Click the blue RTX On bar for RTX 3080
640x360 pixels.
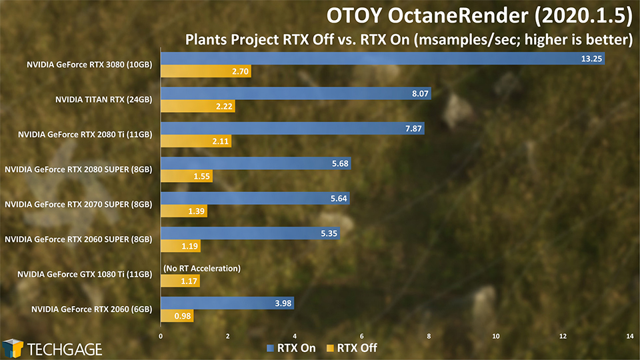coord(383,59)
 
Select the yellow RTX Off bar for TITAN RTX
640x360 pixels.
coord(198,106)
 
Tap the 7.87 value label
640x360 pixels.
coord(413,129)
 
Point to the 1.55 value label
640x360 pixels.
coord(201,176)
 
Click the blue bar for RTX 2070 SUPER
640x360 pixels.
coord(255,199)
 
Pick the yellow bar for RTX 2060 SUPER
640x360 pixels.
coord(181,246)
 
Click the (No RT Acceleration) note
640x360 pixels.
coord(202,268)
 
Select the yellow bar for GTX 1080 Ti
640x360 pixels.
coord(181,281)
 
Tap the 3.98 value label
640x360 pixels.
coord(283,303)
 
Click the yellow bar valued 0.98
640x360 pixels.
coord(177,315)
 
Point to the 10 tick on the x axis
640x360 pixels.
coord(496,336)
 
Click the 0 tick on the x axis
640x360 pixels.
coord(161,336)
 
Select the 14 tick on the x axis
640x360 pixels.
coord(630,336)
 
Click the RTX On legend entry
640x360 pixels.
coord(291,348)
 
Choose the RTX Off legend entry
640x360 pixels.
coord(352,348)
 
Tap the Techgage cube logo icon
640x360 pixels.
coord(13,349)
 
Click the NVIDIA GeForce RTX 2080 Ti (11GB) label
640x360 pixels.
coord(85,134)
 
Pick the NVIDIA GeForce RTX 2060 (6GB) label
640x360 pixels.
coord(92,309)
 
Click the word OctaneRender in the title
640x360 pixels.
coord(457,15)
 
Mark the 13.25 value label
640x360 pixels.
coord(591,59)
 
